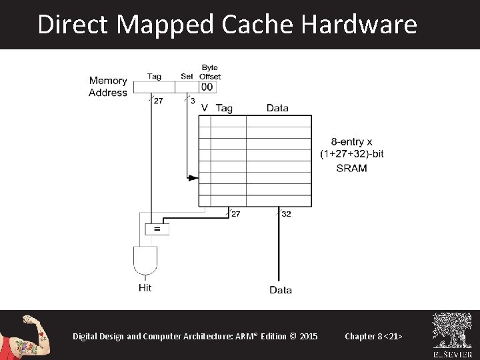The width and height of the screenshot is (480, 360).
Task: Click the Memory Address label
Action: click(108, 87)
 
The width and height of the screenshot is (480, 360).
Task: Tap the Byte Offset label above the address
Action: click(210, 72)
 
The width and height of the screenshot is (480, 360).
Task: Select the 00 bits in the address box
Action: click(207, 87)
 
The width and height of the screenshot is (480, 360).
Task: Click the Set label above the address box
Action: click(187, 76)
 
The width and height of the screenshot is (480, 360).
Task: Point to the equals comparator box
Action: click(157, 229)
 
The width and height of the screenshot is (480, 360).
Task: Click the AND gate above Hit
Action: click(145, 261)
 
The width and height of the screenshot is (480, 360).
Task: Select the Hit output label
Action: click(145, 287)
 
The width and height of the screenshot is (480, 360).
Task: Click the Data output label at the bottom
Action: click(280, 290)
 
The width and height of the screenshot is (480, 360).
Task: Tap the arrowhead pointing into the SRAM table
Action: click(193, 178)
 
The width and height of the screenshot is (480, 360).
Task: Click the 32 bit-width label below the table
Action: click(286, 214)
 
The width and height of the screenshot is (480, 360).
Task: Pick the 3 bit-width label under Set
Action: click(193, 101)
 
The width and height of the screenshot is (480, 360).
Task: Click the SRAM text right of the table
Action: click(351, 168)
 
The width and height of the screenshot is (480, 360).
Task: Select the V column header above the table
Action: click(204, 108)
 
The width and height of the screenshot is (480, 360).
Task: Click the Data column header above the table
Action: click(277, 108)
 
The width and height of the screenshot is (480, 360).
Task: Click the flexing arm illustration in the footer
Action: click(27, 335)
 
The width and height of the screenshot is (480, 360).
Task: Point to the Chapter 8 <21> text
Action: click(373, 336)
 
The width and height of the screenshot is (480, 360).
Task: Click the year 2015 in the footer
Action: click(309, 336)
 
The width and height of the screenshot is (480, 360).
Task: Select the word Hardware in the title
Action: click(359, 25)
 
